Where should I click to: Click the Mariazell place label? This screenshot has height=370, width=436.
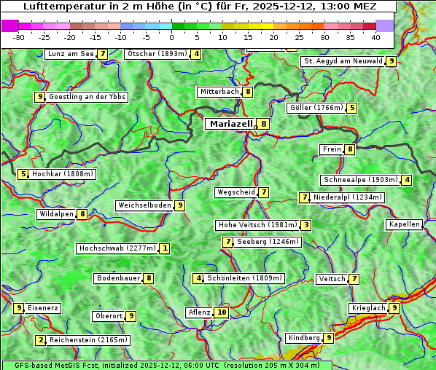tap(230, 124)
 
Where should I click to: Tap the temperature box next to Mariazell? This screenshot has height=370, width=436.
tap(263, 124)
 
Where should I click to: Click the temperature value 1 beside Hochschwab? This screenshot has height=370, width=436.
tap(166, 248)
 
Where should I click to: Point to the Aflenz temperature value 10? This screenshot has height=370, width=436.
tap(222, 312)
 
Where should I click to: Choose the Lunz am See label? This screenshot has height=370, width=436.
tap(71, 54)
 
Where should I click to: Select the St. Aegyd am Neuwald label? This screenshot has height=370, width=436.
tap(343, 61)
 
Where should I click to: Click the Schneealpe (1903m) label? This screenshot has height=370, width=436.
tap(360, 180)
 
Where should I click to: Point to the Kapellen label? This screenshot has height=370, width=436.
tap(404, 224)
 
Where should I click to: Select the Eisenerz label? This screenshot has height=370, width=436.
tap(43, 308)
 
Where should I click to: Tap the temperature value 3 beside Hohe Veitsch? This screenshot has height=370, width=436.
tap(306, 225)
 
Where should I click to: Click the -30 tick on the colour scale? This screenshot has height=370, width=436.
tap(19, 36)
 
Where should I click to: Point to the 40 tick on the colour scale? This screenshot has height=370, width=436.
tap(375, 36)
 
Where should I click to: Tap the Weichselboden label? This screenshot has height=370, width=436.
tap(144, 205)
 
